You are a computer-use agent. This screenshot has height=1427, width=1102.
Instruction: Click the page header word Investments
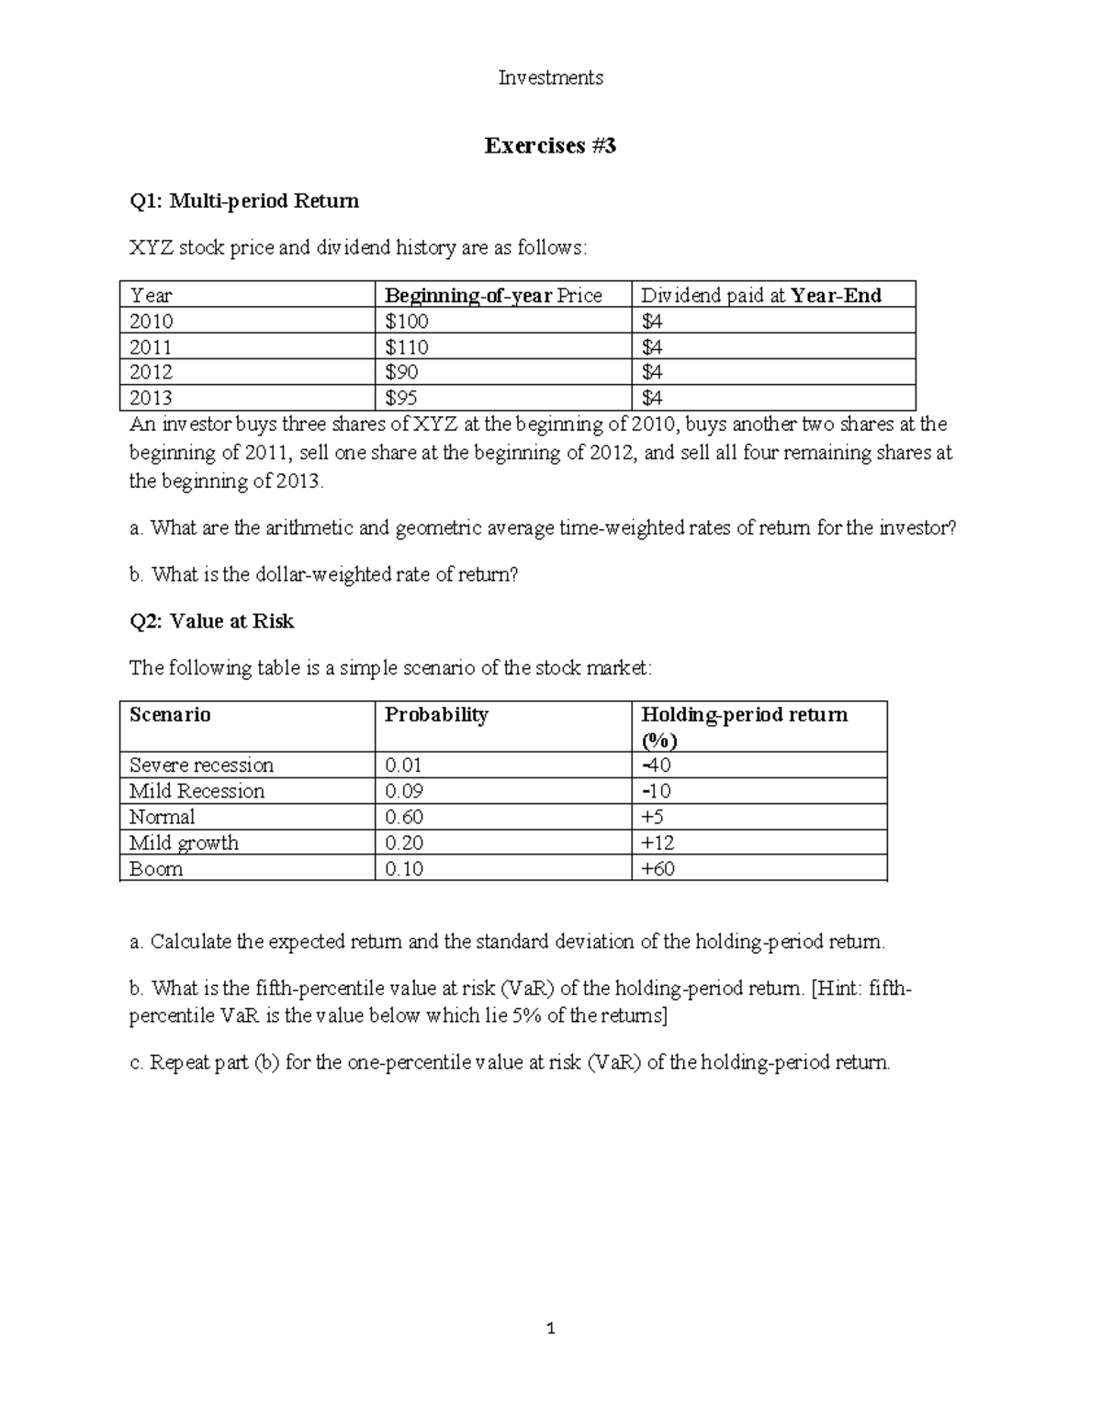tap(550, 78)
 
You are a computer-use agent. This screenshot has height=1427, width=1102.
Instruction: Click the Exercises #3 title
tap(550, 145)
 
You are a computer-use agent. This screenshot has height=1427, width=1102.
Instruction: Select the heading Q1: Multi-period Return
tap(243, 201)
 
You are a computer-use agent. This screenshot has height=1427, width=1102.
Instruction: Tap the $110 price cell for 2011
tap(407, 346)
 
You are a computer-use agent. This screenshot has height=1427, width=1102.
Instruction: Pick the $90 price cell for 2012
tap(401, 372)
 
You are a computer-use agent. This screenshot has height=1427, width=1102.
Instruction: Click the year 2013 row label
tap(151, 398)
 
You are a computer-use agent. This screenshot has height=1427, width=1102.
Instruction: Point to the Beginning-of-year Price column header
tap(493, 295)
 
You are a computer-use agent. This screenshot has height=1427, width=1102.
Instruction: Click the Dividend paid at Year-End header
tap(760, 295)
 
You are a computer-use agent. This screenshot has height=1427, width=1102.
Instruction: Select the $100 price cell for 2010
tap(407, 321)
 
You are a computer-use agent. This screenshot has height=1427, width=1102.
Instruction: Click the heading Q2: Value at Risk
tap(211, 621)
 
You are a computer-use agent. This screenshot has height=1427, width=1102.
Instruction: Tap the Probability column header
tap(436, 715)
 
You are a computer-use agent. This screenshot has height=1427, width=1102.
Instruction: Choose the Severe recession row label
tap(201, 765)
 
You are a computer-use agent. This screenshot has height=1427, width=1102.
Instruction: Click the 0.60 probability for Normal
tap(404, 817)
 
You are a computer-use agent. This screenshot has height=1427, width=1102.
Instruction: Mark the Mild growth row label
tap(184, 843)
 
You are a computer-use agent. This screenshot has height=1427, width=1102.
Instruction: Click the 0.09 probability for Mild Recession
tap(404, 791)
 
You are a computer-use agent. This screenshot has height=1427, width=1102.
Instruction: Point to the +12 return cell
tap(658, 843)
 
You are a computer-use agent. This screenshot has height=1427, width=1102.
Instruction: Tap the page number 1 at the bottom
tap(550, 1328)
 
